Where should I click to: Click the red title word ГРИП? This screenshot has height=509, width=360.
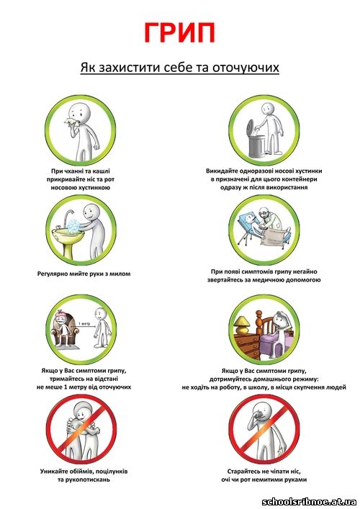(179, 32)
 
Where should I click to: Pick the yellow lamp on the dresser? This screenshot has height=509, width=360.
(243, 325)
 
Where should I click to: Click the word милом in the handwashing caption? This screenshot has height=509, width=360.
(120, 274)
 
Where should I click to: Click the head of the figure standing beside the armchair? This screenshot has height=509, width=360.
(100, 314)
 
